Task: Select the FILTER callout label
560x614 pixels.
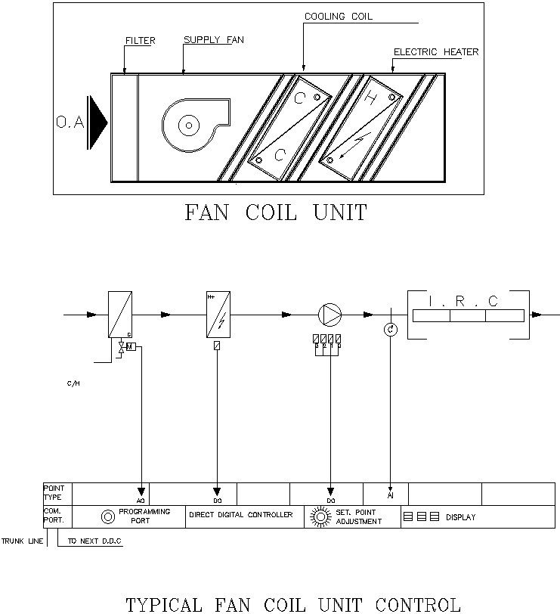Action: [140, 41]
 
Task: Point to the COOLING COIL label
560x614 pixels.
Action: [338, 16]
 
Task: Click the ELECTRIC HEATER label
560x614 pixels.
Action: [436, 52]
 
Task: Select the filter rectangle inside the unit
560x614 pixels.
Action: [124, 127]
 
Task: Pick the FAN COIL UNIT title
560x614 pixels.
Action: [276, 213]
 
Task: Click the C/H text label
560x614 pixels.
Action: [73, 383]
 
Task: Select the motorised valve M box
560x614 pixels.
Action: [130, 346]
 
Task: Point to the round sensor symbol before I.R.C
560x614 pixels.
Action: [390, 330]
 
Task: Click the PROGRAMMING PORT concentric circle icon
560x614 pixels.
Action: [107, 516]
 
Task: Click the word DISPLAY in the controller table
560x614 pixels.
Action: [460, 517]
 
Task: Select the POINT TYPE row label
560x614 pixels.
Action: [54, 493]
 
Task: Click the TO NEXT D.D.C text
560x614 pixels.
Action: [94, 541]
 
